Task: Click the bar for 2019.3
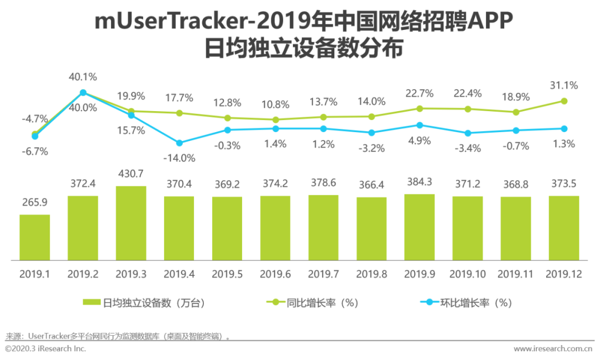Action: point(130,223)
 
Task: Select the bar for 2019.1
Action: point(34,237)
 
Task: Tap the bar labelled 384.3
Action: point(419,227)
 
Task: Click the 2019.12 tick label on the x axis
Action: point(563,274)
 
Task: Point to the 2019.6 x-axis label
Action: point(275,274)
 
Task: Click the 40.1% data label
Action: point(83,76)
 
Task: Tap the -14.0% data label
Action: point(179,158)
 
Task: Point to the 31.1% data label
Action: point(564,86)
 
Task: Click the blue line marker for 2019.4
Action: point(179,143)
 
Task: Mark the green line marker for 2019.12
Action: point(564,101)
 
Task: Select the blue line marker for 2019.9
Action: point(420,126)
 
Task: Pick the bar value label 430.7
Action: point(130,174)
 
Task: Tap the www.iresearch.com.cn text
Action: point(553,349)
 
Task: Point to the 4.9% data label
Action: point(420,140)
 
